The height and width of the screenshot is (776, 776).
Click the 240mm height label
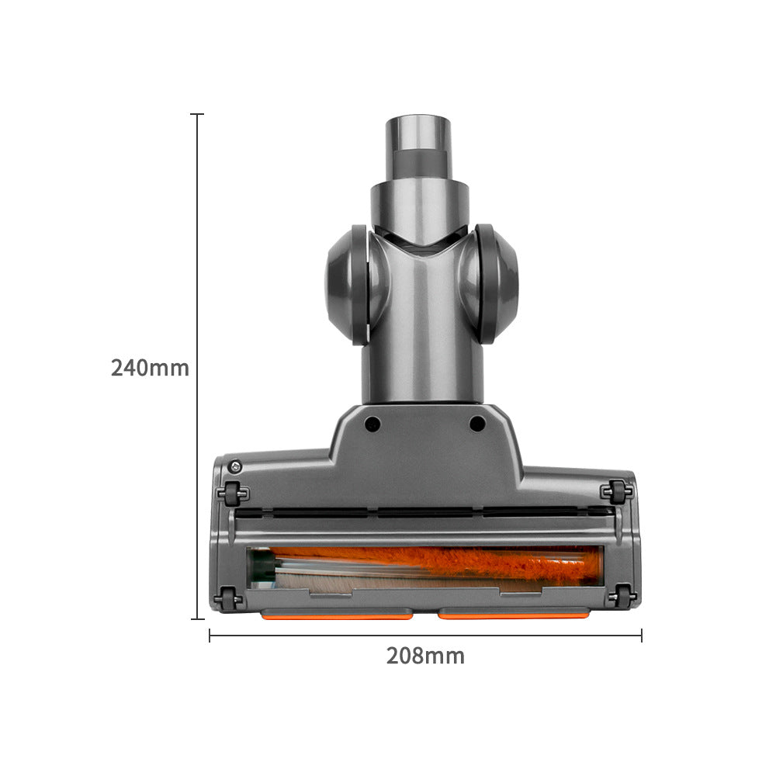pyautogui.click(x=150, y=368)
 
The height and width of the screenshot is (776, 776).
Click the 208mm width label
pyautogui.click(x=425, y=656)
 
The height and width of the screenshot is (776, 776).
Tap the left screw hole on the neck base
pyautogui.click(x=372, y=424)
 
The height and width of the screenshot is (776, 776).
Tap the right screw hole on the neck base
pyautogui.click(x=477, y=424)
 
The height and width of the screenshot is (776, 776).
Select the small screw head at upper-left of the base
pyautogui.click(x=235, y=466)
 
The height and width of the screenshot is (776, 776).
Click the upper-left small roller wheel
pyautogui.click(x=233, y=494)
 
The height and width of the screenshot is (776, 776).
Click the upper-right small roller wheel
pyautogui.click(x=617, y=492)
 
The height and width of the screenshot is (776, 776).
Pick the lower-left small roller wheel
pyautogui.click(x=228, y=599)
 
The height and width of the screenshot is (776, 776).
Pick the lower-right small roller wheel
pyautogui.click(x=622, y=596)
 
